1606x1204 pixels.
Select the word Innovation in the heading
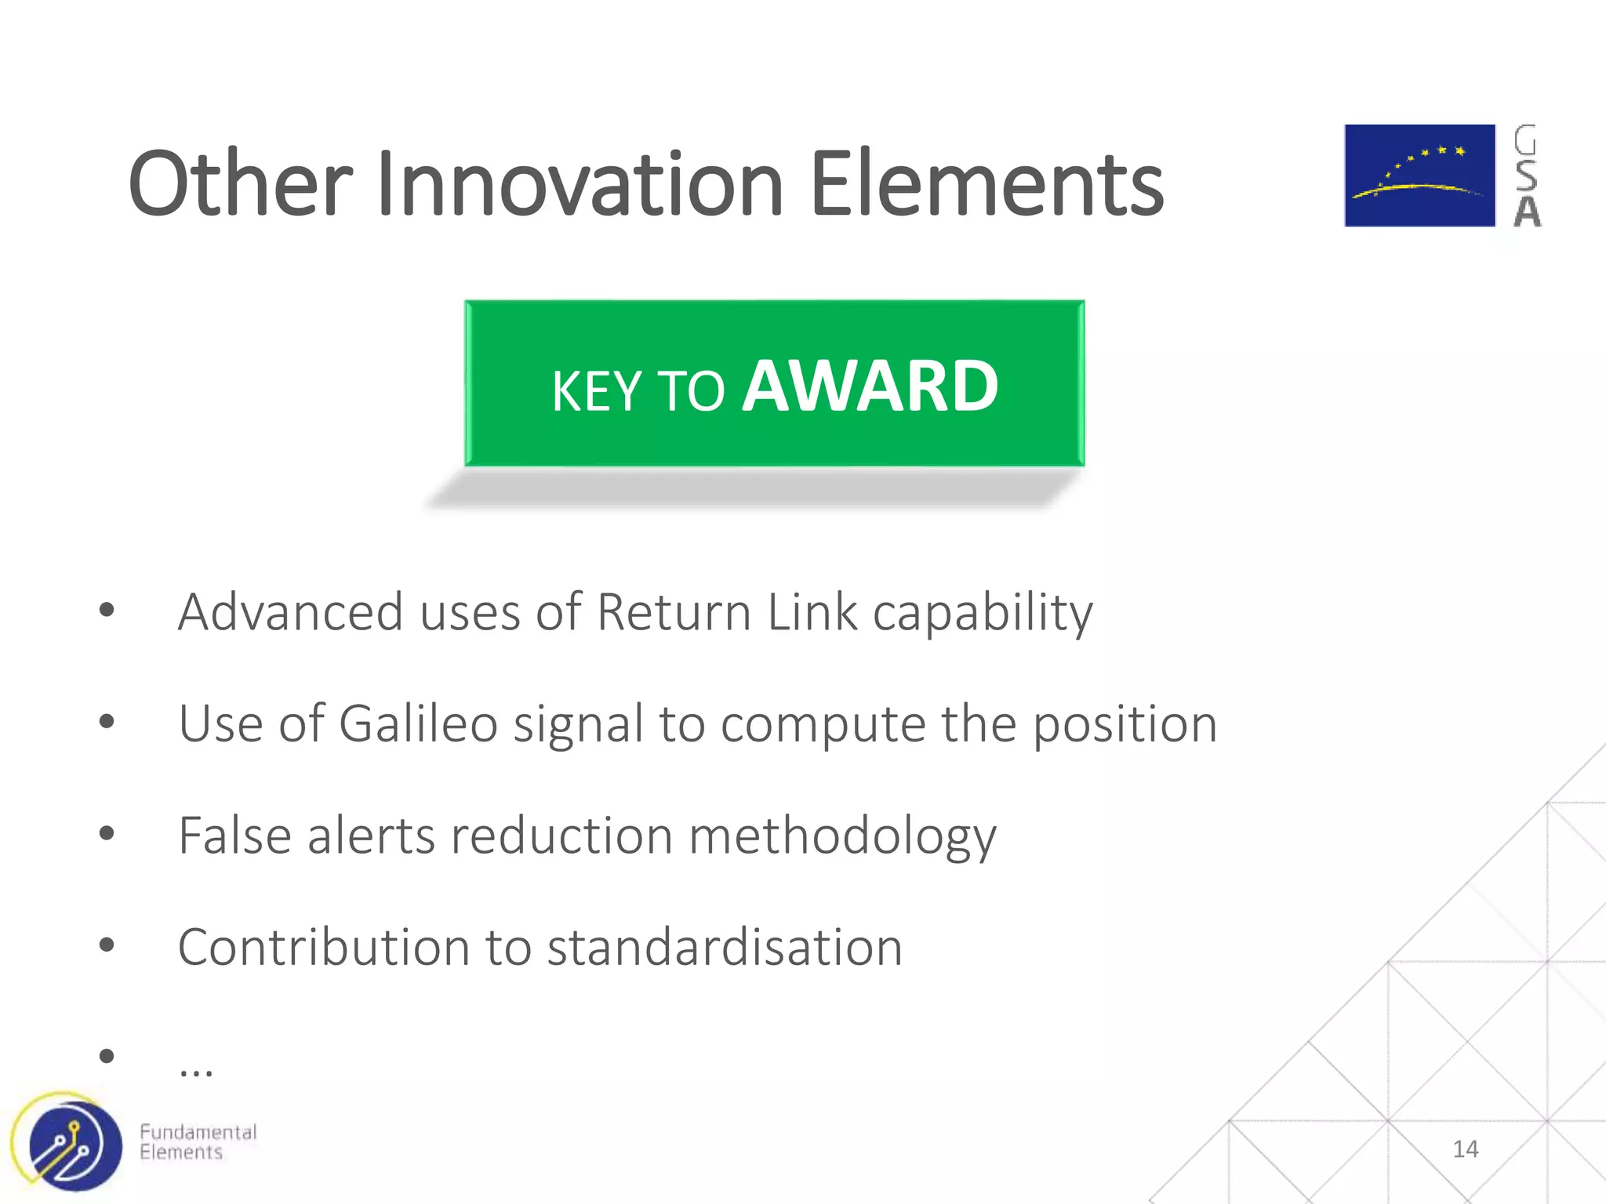click(x=580, y=184)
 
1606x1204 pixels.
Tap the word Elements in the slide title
click(x=986, y=184)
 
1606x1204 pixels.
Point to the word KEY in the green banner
click(x=596, y=391)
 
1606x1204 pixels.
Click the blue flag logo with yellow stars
click(x=1419, y=176)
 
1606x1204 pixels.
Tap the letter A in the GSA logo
click(x=1527, y=212)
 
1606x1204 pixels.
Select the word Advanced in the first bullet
click(x=290, y=612)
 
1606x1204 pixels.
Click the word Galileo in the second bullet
click(x=418, y=723)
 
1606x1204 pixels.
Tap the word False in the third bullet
click(x=235, y=836)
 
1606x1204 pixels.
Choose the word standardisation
click(x=725, y=947)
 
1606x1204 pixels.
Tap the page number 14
click(x=1465, y=1149)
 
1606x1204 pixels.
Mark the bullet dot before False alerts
click(x=107, y=833)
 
